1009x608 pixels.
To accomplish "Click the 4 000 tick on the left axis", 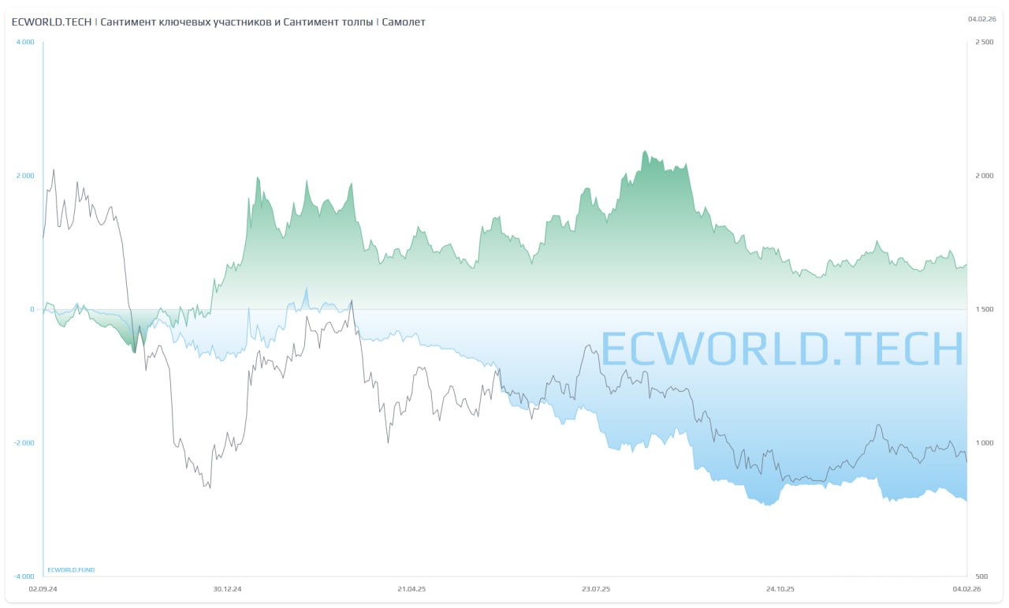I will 25,42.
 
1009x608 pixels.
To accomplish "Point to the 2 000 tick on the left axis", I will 25,175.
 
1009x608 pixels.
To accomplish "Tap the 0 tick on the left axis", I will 32,309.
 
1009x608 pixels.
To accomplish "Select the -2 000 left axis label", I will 24,442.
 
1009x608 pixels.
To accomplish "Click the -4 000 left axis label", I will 24,576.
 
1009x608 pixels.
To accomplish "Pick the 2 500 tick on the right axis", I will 985,42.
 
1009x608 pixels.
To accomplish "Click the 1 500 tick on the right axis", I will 985,309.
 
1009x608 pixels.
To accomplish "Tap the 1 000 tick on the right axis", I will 985,442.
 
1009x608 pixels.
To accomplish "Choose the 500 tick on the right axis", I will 981,576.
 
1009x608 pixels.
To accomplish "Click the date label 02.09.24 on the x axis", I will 43,588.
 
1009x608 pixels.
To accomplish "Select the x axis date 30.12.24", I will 227,588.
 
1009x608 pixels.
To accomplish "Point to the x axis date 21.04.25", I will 411,588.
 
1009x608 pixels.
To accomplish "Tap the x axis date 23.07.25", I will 596,588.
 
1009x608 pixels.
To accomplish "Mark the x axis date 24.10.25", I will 780,588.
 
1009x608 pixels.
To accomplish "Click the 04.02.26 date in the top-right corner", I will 981,18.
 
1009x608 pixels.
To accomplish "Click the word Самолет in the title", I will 403,22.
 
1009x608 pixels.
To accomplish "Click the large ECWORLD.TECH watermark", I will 782,349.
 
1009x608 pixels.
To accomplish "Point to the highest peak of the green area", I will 645,151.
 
